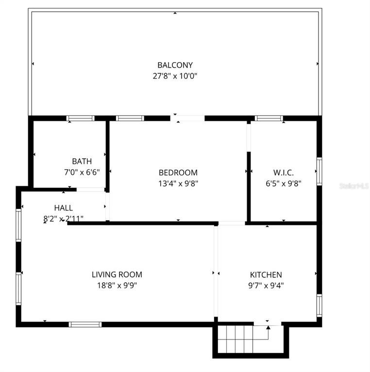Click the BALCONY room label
click(175, 65)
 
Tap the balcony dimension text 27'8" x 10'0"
click(175, 76)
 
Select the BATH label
click(82, 161)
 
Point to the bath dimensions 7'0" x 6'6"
click(82, 171)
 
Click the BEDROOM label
click(178, 173)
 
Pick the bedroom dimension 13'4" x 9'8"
click(178, 183)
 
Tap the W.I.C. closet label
click(284, 173)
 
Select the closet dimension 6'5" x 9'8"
click(284, 183)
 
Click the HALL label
click(64, 208)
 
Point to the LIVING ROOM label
click(117, 275)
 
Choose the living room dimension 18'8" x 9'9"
click(117, 285)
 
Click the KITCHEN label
click(266, 275)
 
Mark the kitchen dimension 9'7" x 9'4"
click(266, 285)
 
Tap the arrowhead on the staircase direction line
click(268, 327)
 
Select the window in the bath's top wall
click(81, 118)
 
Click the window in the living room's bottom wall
click(85, 324)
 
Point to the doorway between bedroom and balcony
click(187, 118)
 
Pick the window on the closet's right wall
click(319, 171)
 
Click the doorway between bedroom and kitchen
click(232, 223)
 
